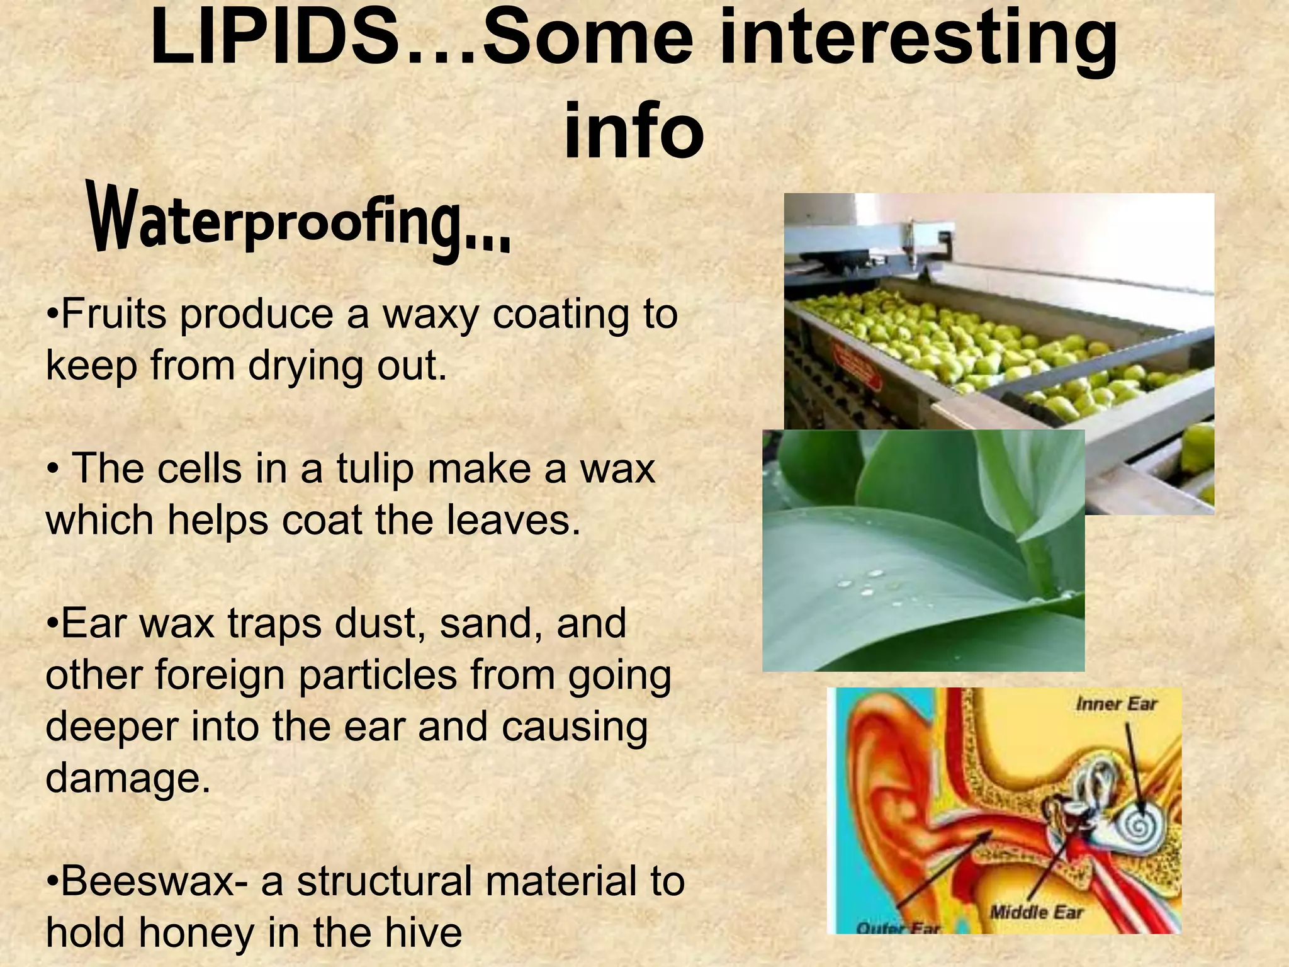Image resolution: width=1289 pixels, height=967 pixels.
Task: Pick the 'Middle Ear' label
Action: point(1036,912)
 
